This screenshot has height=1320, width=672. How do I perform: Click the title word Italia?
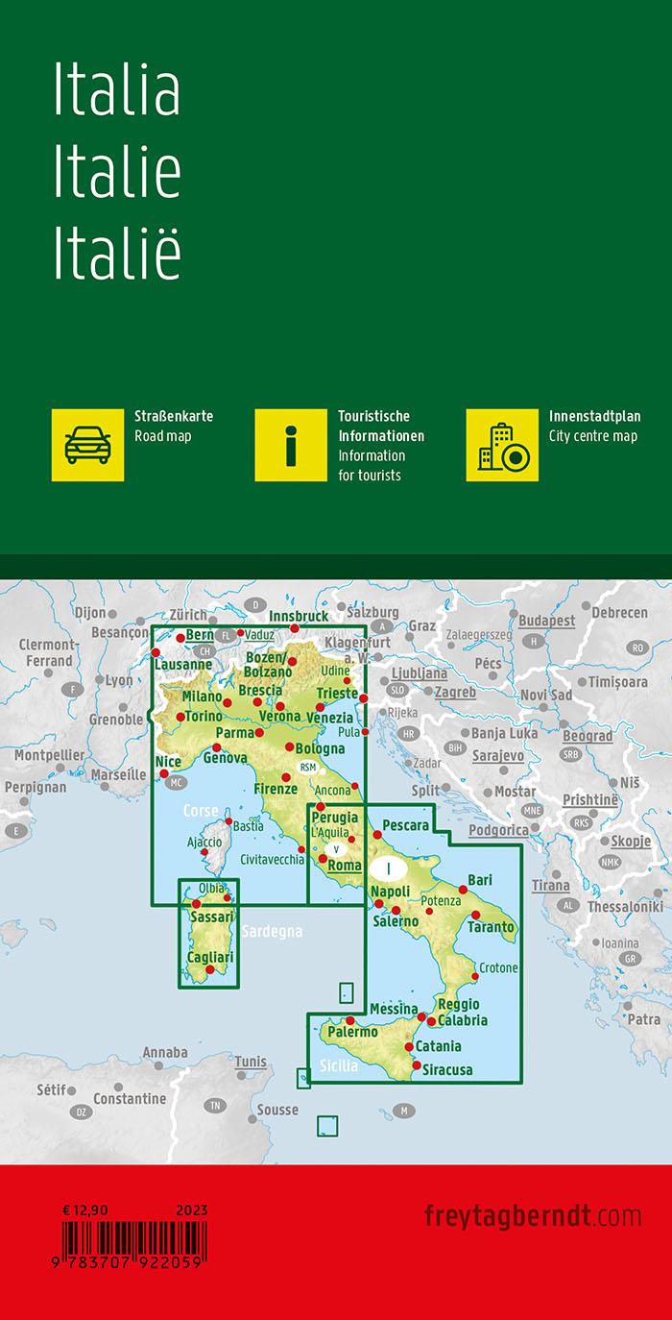[x=117, y=92]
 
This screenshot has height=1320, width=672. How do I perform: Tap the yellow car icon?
[x=88, y=445]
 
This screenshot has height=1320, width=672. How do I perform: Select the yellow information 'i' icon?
[x=290, y=445]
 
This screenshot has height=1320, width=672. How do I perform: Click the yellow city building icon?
[x=502, y=445]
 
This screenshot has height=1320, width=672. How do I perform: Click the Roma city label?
[x=345, y=866]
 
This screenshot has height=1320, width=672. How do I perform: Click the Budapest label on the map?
[x=547, y=622]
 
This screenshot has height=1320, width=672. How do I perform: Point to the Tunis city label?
[x=251, y=1062]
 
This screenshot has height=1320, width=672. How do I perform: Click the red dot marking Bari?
[x=463, y=890]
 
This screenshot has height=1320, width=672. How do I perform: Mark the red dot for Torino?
[x=180, y=717]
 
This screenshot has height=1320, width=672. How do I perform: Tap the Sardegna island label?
[x=273, y=931]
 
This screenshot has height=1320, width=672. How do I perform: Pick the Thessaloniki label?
[x=625, y=906]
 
